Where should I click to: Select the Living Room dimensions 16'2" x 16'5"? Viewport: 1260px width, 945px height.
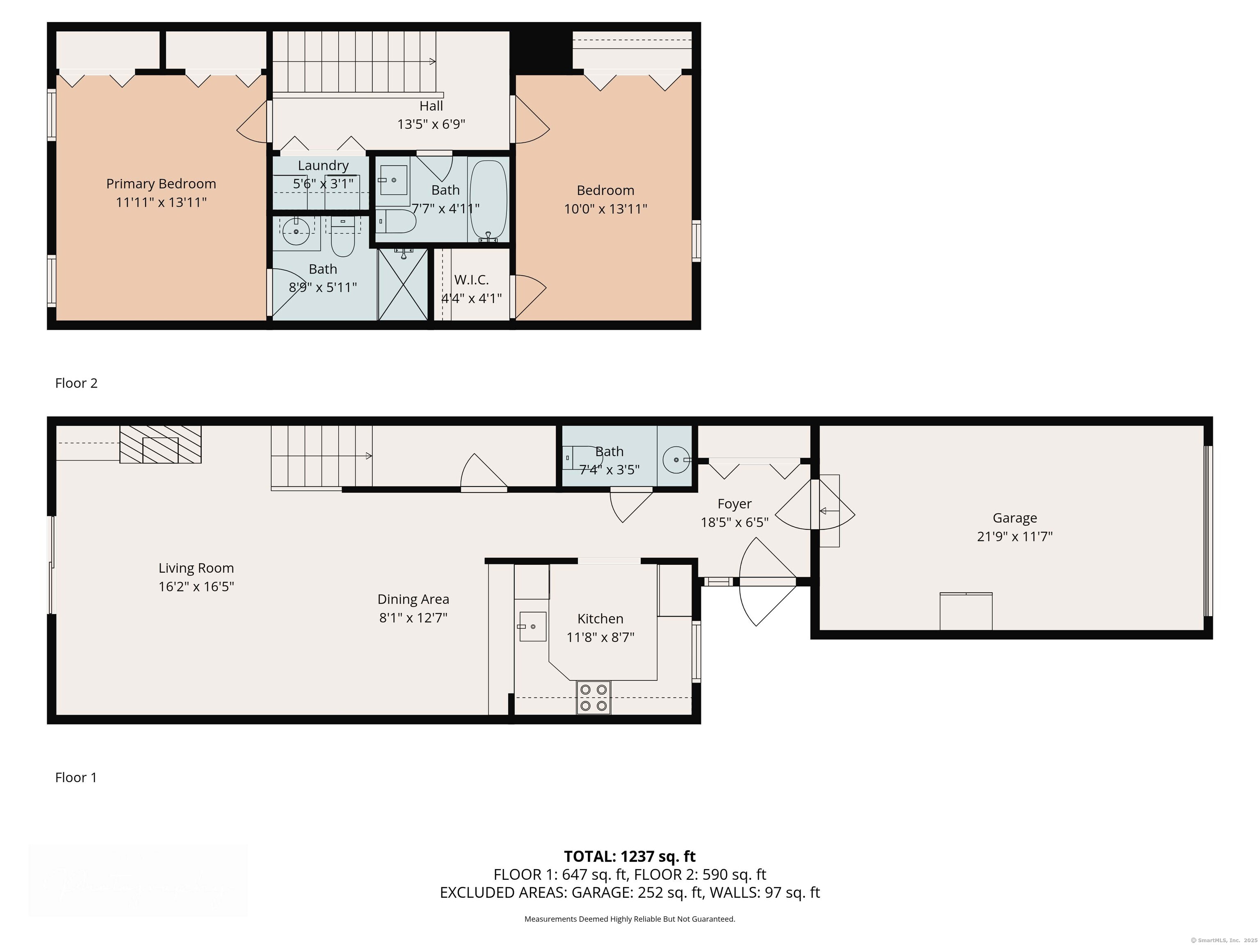tap(196, 587)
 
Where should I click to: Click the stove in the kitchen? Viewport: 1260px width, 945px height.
tap(593, 697)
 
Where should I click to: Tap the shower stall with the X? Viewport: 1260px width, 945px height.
tap(403, 284)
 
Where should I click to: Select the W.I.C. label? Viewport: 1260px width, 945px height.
tap(472, 280)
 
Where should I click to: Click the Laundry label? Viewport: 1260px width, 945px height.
tap(323, 166)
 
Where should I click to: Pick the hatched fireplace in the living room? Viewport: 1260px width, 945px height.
tap(160, 444)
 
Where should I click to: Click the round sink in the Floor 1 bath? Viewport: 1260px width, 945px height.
tap(676, 459)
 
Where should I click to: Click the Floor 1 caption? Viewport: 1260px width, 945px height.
tap(76, 778)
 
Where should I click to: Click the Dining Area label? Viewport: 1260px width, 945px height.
tap(413, 599)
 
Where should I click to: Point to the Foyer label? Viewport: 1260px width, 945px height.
tap(734, 504)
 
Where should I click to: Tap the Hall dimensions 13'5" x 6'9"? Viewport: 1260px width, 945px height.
tap(431, 124)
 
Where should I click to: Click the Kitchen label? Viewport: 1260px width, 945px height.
tap(600, 619)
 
